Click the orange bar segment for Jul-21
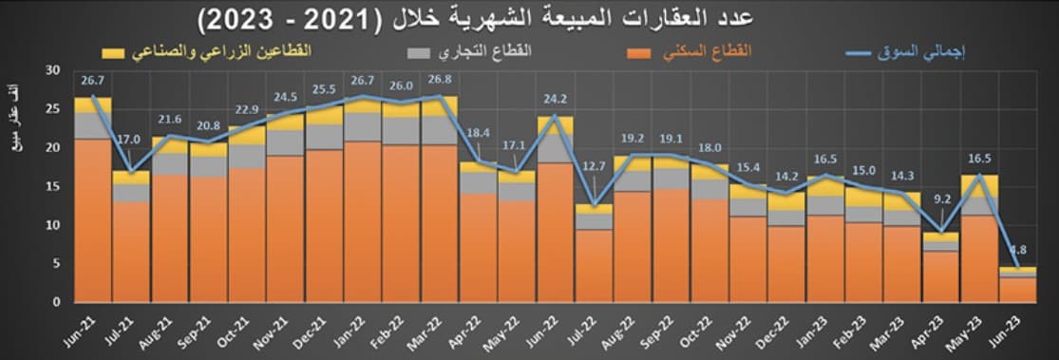click(x=131, y=252)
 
